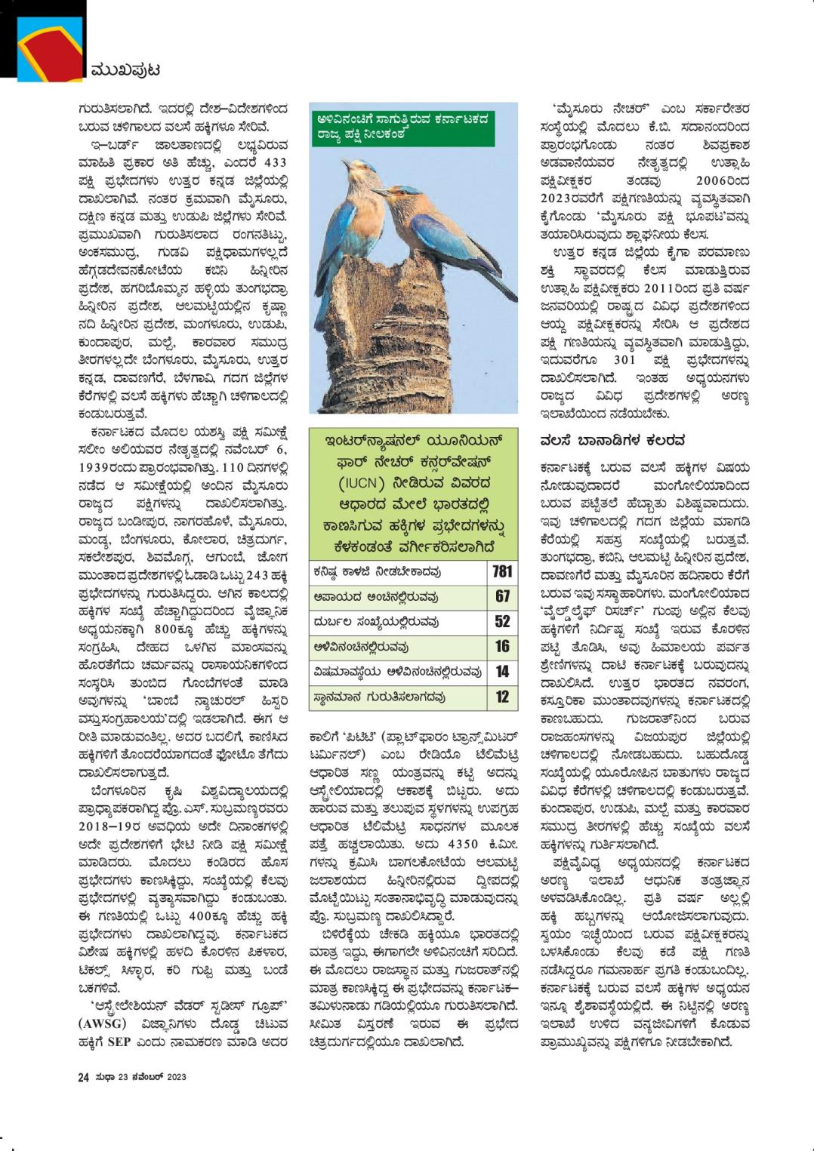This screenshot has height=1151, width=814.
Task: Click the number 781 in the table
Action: (x=502, y=571)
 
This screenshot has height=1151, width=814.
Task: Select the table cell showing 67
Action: (x=502, y=596)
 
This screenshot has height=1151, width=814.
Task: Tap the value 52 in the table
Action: (x=502, y=621)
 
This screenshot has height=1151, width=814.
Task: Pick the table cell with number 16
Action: (x=502, y=646)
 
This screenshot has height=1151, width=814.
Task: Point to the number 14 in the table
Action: (x=502, y=671)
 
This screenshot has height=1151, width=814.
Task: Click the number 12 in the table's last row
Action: (x=502, y=697)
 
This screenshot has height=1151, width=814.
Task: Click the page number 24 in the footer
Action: (x=83, y=1077)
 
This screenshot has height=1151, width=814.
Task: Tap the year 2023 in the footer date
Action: (x=177, y=1077)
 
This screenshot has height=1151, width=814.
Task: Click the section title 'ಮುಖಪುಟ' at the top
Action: (x=125, y=70)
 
